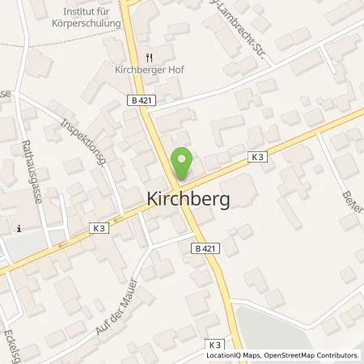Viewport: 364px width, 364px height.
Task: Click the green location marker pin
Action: coord(184,165)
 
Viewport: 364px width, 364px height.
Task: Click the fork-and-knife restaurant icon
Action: coord(149,58)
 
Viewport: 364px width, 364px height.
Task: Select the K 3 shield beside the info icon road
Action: coord(99,228)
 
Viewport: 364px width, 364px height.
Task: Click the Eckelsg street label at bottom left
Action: coord(15,343)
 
